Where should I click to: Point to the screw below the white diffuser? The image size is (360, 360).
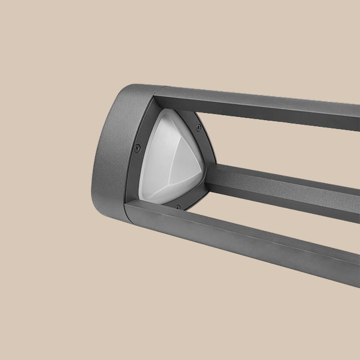(177, 207)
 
